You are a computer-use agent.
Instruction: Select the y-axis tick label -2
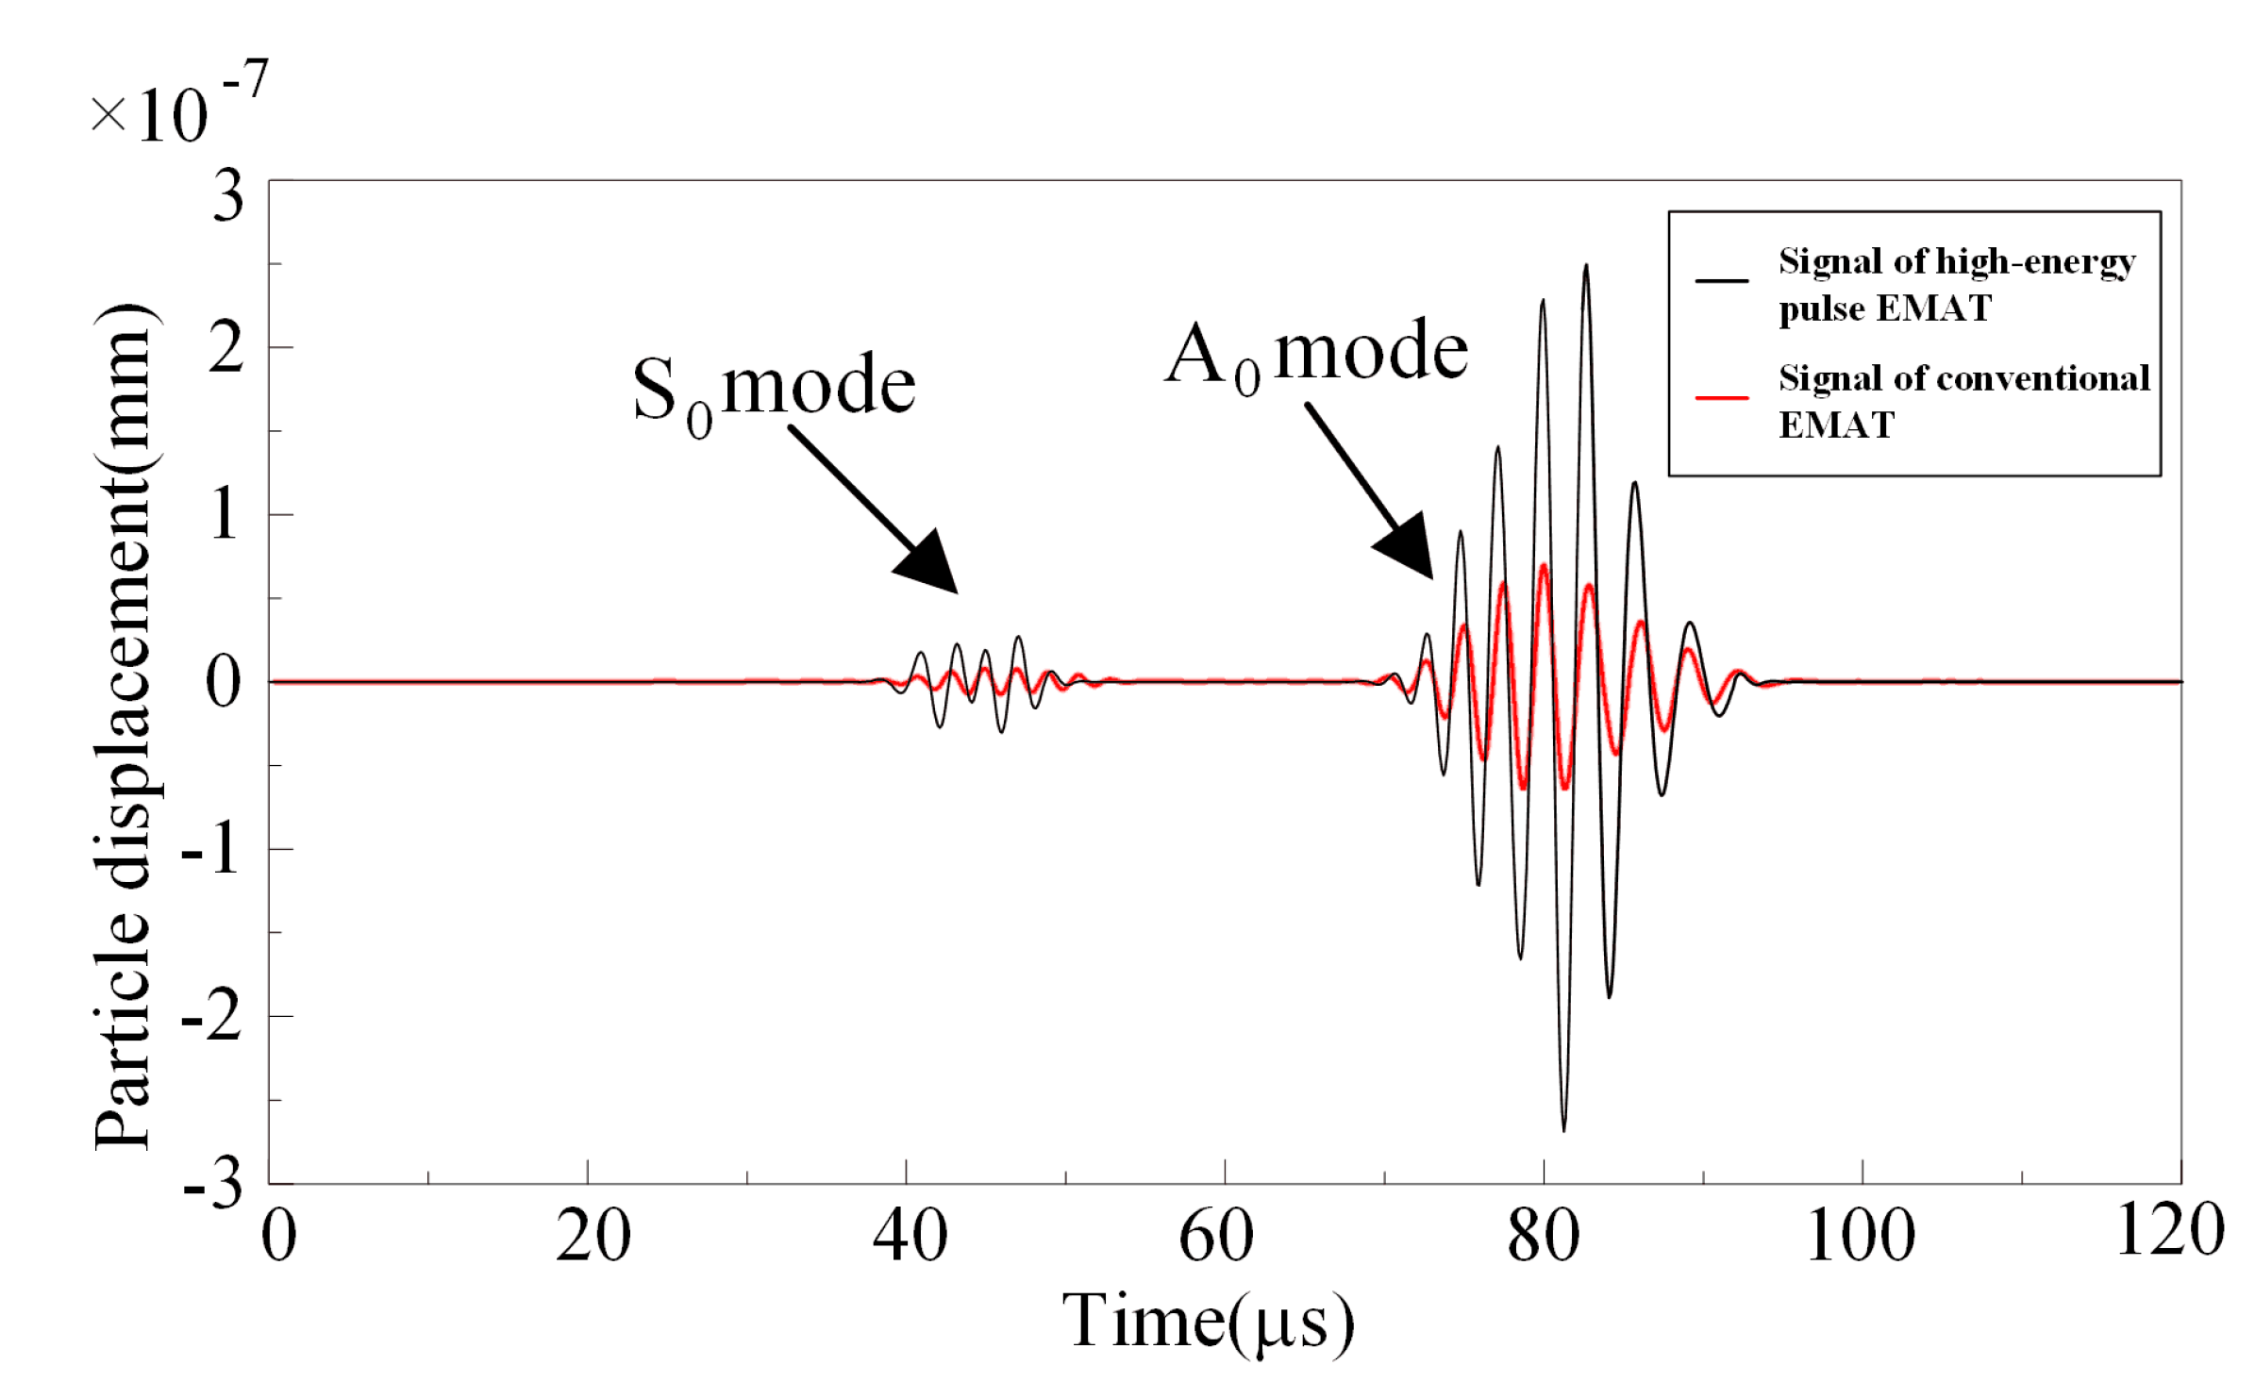pyautogui.click(x=211, y=1019)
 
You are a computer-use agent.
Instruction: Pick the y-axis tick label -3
pyautogui.click(x=213, y=1185)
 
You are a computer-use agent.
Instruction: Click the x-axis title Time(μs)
pyautogui.click(x=1209, y=1323)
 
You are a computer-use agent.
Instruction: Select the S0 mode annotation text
pyautogui.click(x=774, y=389)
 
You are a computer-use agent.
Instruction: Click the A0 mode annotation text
pyautogui.click(x=1316, y=355)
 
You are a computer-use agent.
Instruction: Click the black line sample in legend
pyautogui.click(x=1722, y=281)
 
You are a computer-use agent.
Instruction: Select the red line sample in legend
pyautogui.click(x=1722, y=398)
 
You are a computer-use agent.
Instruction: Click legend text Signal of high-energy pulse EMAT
pyautogui.click(x=1955, y=284)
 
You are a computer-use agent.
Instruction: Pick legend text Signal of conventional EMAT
pyautogui.click(x=1963, y=401)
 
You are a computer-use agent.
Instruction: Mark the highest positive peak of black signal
pyautogui.click(x=1586, y=267)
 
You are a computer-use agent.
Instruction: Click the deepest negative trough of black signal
pyautogui.click(x=1563, y=1128)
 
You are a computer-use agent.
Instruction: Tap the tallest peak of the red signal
pyautogui.click(x=1544, y=566)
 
